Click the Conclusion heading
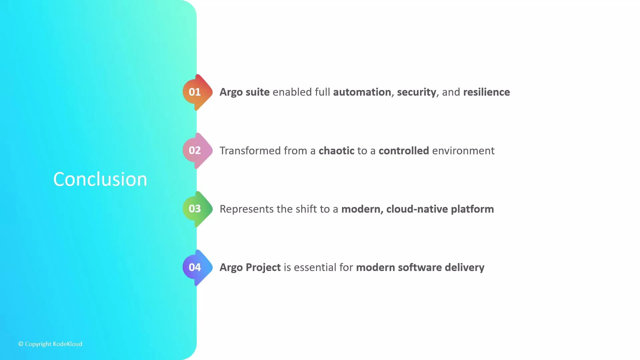tap(100, 179)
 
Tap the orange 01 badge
tap(195, 92)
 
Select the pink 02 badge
tap(195, 150)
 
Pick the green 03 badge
tap(195, 209)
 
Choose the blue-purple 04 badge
tap(195, 267)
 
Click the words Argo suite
tap(244, 92)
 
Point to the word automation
tap(362, 92)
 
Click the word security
tap(416, 92)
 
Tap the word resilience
tap(486, 92)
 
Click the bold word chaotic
tap(336, 151)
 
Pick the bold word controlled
tap(404, 151)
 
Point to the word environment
tap(463, 151)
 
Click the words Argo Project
tap(250, 267)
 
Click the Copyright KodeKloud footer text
tap(50, 344)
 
